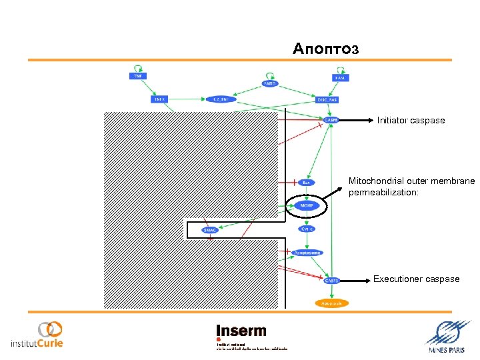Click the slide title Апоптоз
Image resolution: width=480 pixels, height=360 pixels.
325,49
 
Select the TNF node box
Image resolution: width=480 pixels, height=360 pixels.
137,76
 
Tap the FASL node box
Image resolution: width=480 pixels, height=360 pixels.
340,77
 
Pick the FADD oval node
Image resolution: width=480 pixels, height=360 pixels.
270,84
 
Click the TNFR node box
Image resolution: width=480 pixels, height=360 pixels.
159,99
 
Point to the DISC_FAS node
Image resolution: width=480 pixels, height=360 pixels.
327,100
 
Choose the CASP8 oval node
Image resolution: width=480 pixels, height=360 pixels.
331,121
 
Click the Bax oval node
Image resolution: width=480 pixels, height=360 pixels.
306,182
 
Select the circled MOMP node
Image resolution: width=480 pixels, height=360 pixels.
307,207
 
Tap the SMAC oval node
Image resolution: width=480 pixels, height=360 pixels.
210,231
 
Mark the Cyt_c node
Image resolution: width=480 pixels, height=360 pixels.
307,229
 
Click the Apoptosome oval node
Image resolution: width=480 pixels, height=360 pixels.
307,253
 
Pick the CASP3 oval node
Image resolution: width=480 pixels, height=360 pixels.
332,281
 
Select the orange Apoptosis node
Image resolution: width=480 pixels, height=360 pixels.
331,303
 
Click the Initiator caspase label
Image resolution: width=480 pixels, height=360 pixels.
411,121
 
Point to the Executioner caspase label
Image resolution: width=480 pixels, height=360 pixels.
416,279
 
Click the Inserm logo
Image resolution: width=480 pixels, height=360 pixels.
241,331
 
